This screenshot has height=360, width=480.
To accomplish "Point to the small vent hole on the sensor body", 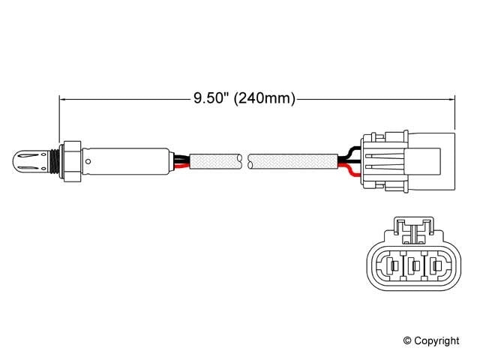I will click(89, 160).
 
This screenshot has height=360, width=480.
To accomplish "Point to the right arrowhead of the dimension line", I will click(452, 97).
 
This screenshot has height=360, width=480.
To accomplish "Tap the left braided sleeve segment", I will click(216, 160).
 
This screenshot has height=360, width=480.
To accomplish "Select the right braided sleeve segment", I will click(293, 160).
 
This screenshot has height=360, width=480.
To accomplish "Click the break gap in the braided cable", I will click(246, 160).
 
